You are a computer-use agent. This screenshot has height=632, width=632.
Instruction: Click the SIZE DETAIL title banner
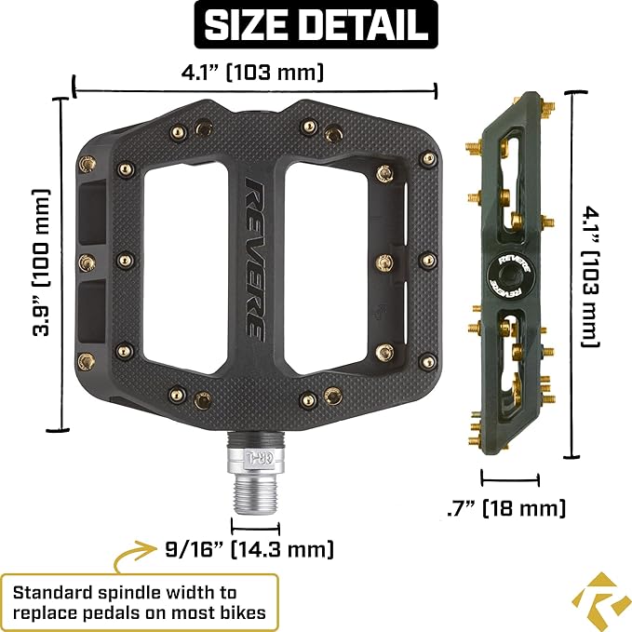(316, 25)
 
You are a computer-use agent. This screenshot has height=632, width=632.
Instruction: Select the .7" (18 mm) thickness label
(506, 508)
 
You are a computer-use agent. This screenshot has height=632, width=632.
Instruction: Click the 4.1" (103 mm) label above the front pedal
(253, 71)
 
